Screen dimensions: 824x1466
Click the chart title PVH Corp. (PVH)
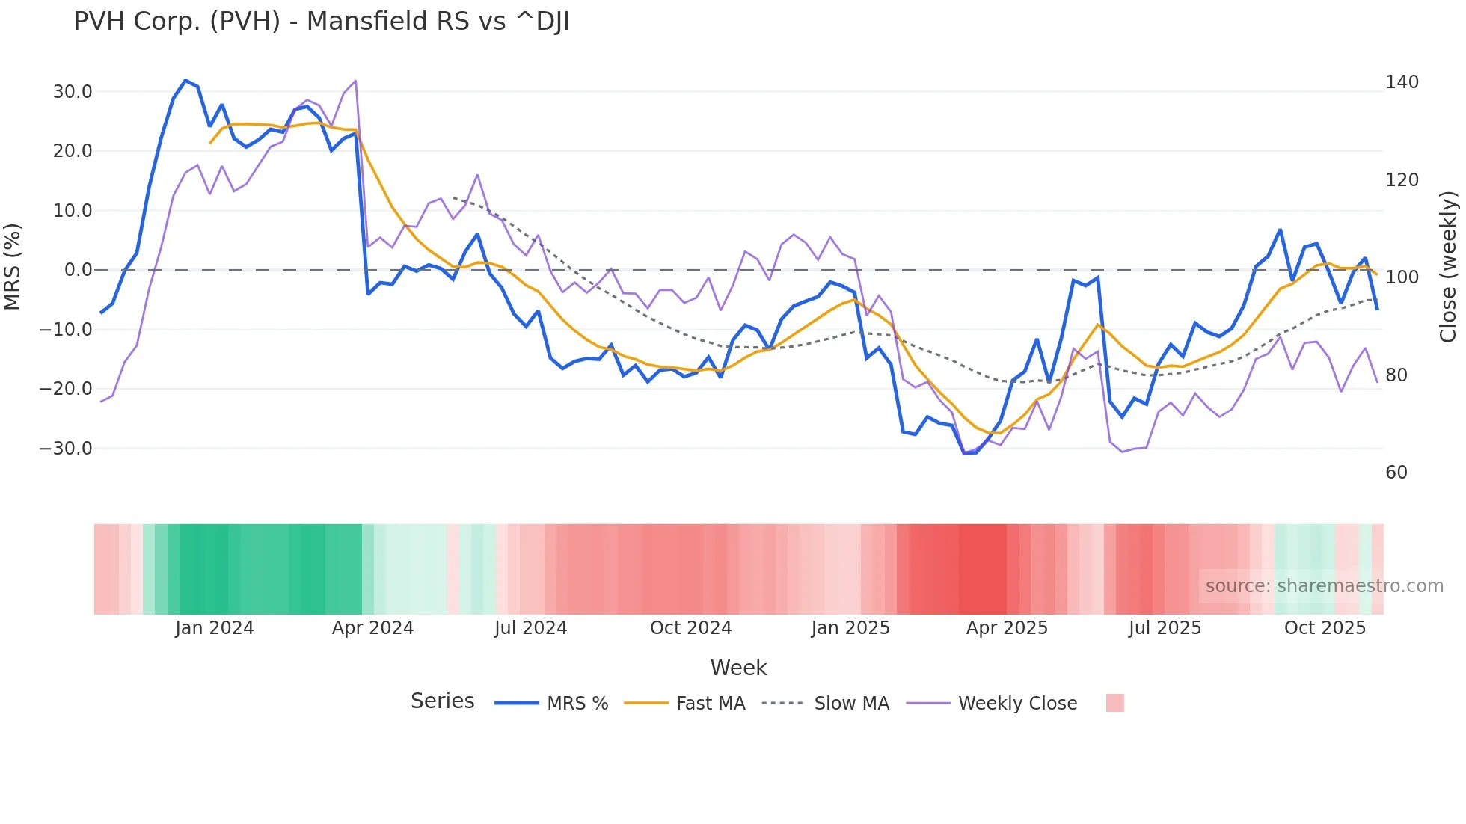pyautogui.click(x=322, y=22)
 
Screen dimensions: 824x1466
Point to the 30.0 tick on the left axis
pyautogui.click(x=73, y=92)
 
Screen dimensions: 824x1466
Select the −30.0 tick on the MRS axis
pyautogui.click(x=66, y=449)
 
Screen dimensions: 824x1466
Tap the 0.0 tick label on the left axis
pyautogui.click(x=78, y=270)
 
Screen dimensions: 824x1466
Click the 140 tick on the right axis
pyautogui.click(x=1402, y=82)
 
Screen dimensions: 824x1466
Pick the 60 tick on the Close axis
pyautogui.click(x=1396, y=473)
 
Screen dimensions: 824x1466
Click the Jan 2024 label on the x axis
pyautogui.click(x=215, y=628)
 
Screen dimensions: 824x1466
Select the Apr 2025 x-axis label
pyautogui.click(x=1007, y=628)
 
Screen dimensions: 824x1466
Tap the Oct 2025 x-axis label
pyautogui.click(x=1325, y=628)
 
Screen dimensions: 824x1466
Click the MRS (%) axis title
pyautogui.click(x=13, y=266)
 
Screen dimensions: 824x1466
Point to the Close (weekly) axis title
pyautogui.click(x=1449, y=267)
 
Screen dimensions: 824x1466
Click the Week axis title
pyautogui.click(x=738, y=668)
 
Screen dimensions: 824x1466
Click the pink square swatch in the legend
pyautogui.click(x=1114, y=703)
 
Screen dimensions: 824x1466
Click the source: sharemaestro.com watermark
pyautogui.click(x=1324, y=586)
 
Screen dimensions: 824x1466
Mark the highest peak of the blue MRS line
pyautogui.click(x=185, y=80)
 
